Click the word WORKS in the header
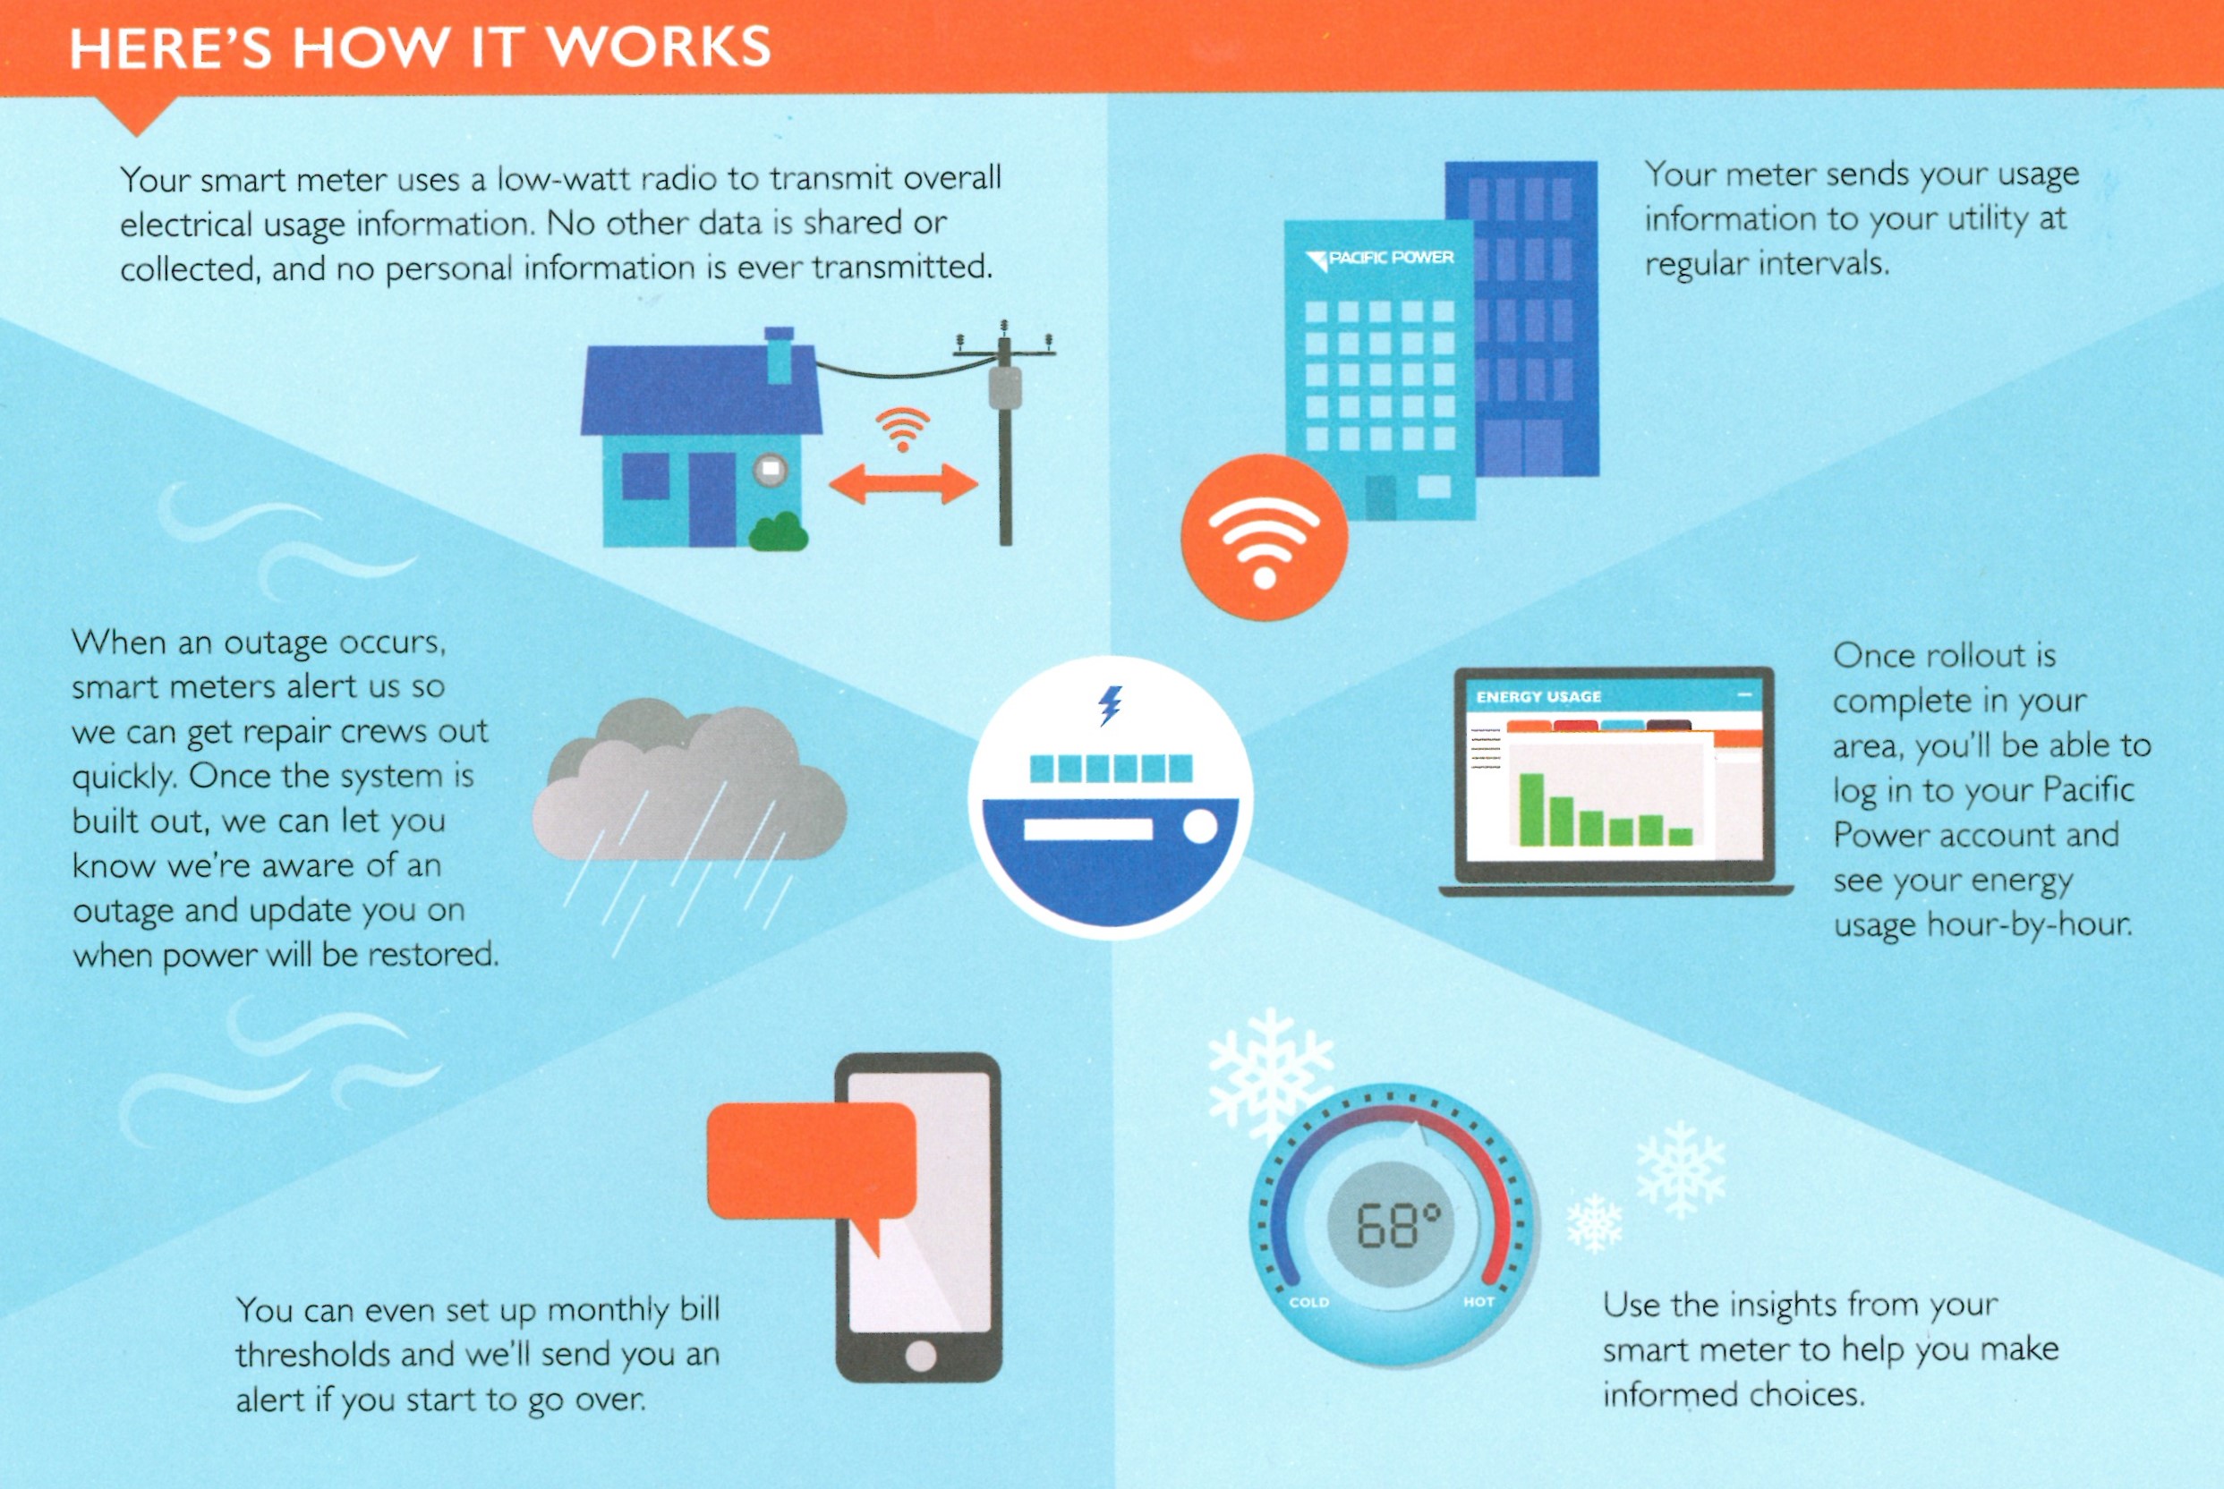658,47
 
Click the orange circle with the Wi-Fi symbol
1264,538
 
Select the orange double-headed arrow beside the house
903,484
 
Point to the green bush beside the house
779,532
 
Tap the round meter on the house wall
771,469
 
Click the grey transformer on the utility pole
1005,387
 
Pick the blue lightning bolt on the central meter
1110,705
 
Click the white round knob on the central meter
1200,826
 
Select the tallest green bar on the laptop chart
1530,809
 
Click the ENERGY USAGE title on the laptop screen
1538,697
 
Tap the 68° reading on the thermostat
1398,1225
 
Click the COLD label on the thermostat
1308,1302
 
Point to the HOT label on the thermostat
1478,1302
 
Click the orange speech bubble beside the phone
813,1163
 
